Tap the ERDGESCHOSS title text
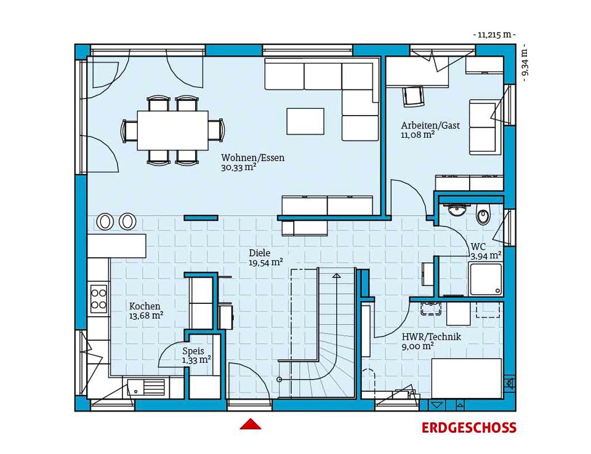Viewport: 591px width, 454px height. (469, 428)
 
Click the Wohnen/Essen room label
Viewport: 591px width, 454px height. (252, 157)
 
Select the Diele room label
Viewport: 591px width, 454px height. (260, 253)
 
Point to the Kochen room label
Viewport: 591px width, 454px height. (145, 306)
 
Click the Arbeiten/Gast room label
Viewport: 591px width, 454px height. (430, 125)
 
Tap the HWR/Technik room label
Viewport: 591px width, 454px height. (431, 337)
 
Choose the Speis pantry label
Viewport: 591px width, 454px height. (193, 351)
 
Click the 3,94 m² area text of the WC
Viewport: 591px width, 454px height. (486, 256)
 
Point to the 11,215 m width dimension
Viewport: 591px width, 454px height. (494, 35)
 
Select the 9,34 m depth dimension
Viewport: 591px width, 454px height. (525, 64)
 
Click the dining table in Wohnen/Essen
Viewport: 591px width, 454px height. (172, 130)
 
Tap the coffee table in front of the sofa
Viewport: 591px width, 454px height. (305, 121)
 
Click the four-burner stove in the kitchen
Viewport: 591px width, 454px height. (98, 299)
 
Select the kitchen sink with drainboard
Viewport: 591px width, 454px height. (146, 388)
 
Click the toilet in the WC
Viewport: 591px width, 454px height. (483, 215)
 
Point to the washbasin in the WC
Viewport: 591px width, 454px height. (457, 210)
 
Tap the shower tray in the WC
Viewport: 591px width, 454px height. (486, 279)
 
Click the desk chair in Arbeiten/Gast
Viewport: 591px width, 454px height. (414, 96)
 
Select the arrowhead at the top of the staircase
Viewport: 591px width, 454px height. (337, 276)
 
